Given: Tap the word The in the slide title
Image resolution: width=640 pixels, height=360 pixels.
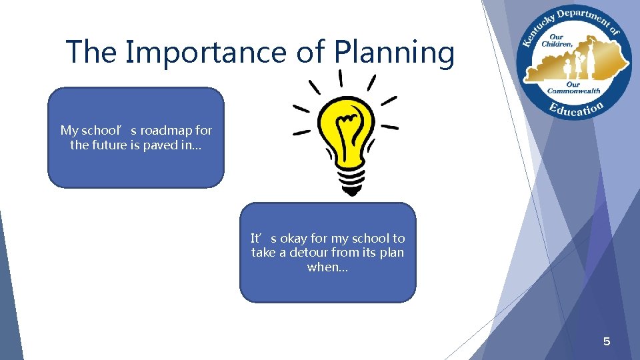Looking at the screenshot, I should (x=92, y=51).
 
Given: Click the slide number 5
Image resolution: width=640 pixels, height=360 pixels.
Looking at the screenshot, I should (x=607, y=342).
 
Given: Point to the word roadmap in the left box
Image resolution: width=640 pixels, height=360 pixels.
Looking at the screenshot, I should (x=167, y=130).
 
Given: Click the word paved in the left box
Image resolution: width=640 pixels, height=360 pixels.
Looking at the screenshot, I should (x=159, y=145).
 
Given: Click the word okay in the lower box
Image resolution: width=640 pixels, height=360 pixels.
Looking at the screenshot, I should (x=294, y=238).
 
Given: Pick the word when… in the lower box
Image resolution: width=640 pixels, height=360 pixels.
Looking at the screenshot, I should (x=327, y=267).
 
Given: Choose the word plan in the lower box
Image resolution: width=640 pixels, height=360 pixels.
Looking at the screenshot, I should (x=391, y=253).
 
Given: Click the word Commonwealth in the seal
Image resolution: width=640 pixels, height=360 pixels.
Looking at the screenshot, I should (x=573, y=91).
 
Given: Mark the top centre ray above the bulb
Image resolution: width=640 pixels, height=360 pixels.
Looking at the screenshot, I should (x=341, y=77).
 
